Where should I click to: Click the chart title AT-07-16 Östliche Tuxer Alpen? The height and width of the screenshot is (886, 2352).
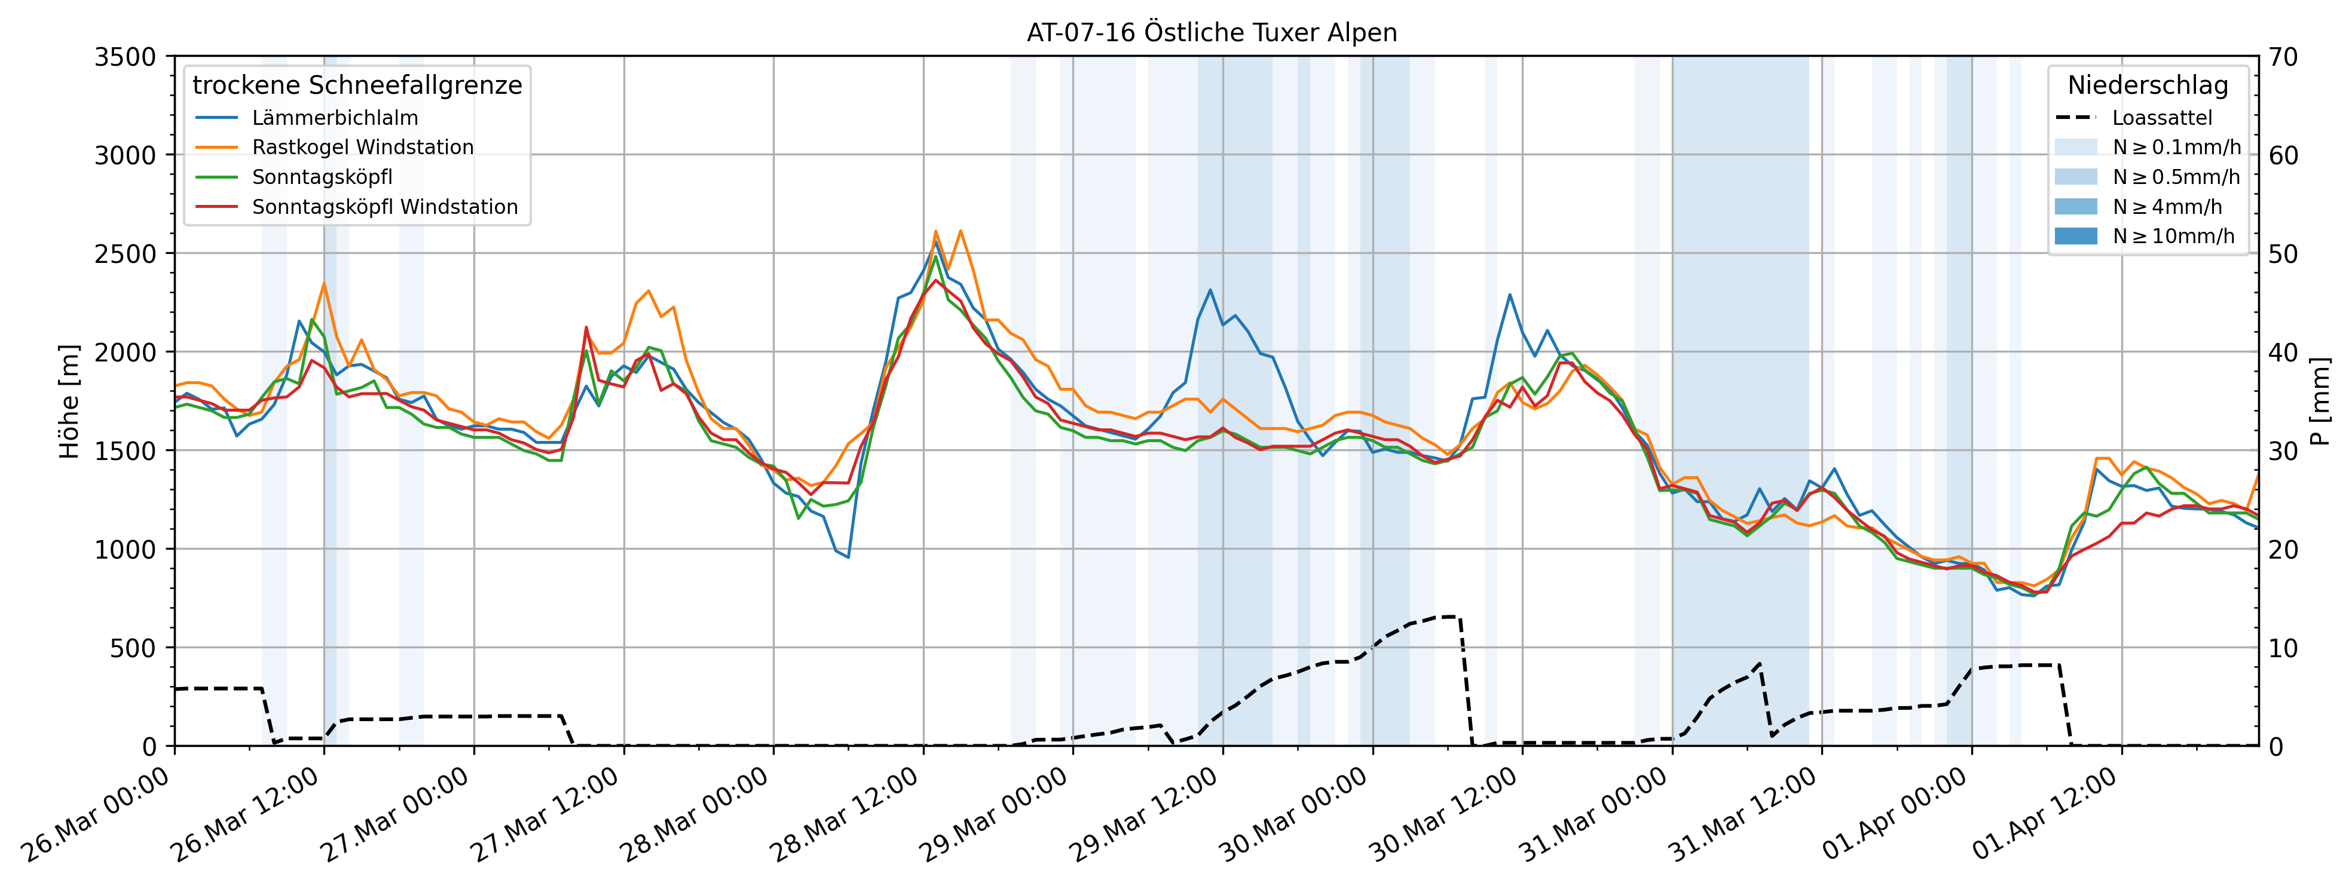[x=1212, y=33]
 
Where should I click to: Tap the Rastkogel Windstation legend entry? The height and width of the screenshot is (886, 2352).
[x=362, y=147]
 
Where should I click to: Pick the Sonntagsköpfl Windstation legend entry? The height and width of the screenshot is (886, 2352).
[x=384, y=207]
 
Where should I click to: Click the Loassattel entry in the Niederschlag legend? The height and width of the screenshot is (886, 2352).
[x=2161, y=118]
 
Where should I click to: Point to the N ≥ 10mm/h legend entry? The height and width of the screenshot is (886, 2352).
[x=2173, y=237]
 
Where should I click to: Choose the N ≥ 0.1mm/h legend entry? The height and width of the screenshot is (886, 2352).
[x=2176, y=147]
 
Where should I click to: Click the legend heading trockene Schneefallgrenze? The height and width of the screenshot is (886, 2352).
[x=357, y=85]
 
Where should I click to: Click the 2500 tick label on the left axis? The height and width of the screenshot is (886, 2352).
[x=125, y=254]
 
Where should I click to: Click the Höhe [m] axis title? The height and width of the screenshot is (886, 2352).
[x=69, y=401]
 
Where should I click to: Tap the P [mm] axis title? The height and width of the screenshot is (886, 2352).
[x=2320, y=401]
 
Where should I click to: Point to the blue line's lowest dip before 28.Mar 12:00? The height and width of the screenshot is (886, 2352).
[x=848, y=557]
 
